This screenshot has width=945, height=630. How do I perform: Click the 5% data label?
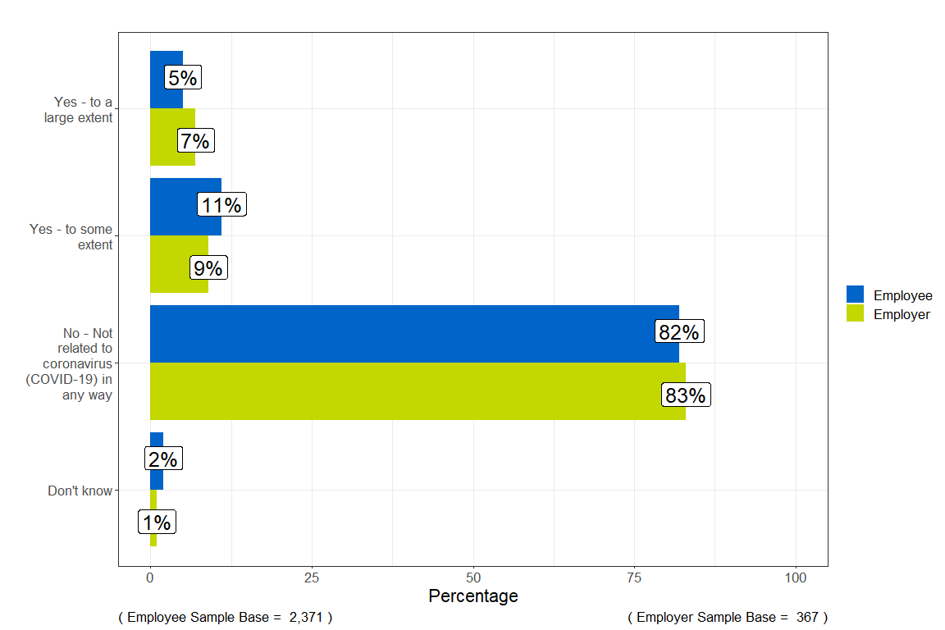(x=182, y=78)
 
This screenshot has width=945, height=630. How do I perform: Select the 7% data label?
(x=195, y=141)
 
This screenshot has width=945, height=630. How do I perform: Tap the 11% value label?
(x=221, y=205)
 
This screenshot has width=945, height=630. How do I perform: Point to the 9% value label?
(x=208, y=268)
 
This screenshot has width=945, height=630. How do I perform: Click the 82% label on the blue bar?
(x=678, y=332)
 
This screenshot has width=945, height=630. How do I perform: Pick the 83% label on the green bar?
(x=685, y=395)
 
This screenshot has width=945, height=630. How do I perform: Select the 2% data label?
(x=163, y=459)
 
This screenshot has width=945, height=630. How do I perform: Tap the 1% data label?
(x=157, y=523)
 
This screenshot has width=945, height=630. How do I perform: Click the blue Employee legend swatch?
(x=855, y=294)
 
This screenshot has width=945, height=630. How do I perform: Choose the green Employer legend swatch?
(x=855, y=313)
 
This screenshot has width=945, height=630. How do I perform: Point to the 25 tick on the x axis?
(x=312, y=578)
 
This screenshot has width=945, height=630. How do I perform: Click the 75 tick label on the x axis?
(x=634, y=578)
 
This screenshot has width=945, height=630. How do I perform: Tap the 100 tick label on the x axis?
(x=796, y=578)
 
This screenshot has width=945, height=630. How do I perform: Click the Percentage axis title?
(x=473, y=596)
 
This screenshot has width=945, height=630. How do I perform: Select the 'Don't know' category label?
(x=80, y=491)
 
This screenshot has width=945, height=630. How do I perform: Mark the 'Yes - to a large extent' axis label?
(x=79, y=110)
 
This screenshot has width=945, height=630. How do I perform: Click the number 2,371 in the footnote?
(x=305, y=617)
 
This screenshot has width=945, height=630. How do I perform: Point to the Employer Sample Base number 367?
(x=806, y=617)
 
